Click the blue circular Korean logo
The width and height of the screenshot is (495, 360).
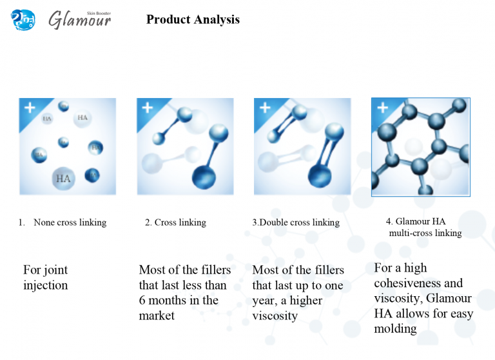(23, 19)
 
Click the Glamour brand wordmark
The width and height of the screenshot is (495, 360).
(79, 20)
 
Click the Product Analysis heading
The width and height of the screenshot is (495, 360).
(193, 19)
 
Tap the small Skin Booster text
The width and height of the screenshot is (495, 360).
(99, 14)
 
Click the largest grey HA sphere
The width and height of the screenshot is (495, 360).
(63, 178)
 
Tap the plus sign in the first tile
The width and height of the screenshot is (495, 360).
(30, 108)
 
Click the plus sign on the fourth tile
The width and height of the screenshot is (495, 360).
(383, 108)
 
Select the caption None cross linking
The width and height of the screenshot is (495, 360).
(70, 223)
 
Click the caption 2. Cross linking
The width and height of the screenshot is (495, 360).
(175, 223)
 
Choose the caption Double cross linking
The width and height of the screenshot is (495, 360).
(299, 223)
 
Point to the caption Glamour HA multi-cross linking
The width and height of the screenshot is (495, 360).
(423, 227)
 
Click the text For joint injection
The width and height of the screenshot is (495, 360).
(46, 277)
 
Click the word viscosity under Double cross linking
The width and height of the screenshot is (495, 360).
(275, 315)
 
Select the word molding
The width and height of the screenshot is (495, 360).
(395, 328)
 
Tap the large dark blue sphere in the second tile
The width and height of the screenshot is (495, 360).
(204, 177)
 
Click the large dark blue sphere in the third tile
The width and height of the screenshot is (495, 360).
(320, 175)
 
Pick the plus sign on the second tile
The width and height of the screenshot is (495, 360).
(148, 108)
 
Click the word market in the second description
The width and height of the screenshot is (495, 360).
(157, 315)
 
